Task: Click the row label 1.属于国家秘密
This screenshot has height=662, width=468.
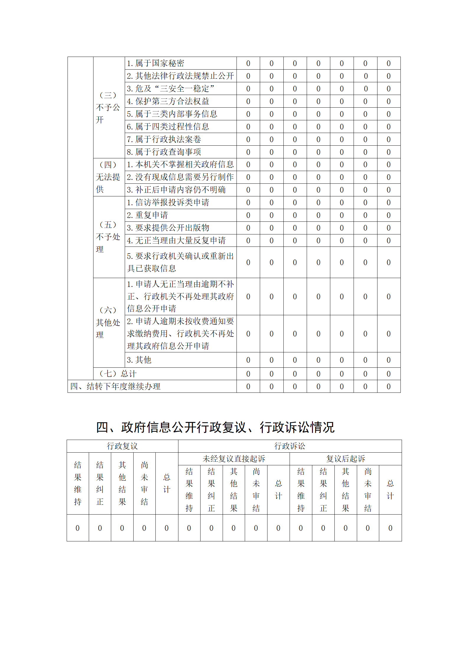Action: (x=155, y=63)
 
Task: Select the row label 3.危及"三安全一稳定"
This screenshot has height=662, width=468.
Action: (x=170, y=89)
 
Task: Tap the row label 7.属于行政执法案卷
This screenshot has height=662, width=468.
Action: (x=164, y=139)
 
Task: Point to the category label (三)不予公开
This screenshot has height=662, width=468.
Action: (x=108, y=107)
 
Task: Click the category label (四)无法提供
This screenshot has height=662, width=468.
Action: (x=108, y=177)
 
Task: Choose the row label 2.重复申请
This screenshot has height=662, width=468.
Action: (x=147, y=215)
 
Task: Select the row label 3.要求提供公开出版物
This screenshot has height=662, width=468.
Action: (x=168, y=228)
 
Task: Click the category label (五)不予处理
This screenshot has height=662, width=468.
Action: (x=108, y=237)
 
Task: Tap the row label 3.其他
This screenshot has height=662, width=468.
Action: (x=139, y=360)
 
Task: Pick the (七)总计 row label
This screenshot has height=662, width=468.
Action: (x=118, y=374)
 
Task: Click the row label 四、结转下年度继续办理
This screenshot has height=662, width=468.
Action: (x=115, y=387)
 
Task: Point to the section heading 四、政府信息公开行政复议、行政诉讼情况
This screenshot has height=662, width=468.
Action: (x=215, y=427)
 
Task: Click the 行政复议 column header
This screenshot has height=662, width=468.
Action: (x=122, y=446)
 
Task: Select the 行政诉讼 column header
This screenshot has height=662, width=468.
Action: (x=290, y=446)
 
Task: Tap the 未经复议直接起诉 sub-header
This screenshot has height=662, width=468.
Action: (x=234, y=459)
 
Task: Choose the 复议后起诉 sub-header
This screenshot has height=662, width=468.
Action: (x=346, y=459)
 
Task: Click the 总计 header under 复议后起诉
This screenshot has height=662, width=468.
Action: (x=390, y=489)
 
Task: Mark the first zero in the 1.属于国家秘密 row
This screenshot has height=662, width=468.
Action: (x=248, y=63)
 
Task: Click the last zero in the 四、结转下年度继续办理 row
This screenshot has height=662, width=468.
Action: (x=389, y=387)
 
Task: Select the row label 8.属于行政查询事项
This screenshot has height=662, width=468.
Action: (x=164, y=152)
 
